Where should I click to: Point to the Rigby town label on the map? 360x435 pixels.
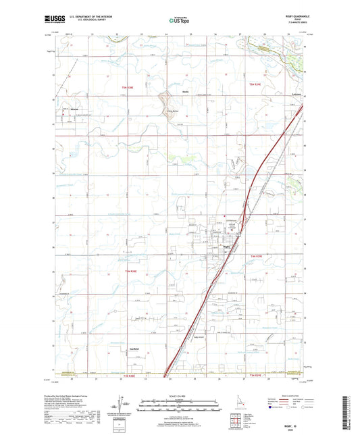[x=226, y=247]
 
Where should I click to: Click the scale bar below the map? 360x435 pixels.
[x=179, y=407]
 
